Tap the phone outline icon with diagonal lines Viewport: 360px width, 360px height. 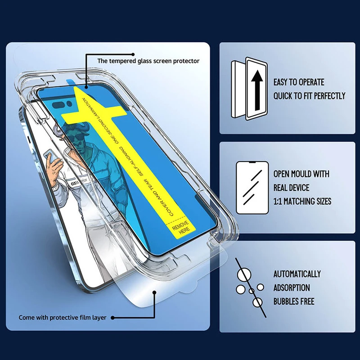(x=252, y=188)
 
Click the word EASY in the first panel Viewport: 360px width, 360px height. (x=282, y=82)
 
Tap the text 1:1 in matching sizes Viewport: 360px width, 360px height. (x=279, y=201)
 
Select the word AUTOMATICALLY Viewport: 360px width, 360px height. (x=297, y=274)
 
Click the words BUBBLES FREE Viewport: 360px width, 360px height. (x=294, y=301)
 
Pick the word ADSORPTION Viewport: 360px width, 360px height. (x=292, y=288)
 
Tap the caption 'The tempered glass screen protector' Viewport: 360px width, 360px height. (x=148, y=61)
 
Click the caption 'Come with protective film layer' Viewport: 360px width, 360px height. (x=63, y=318)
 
